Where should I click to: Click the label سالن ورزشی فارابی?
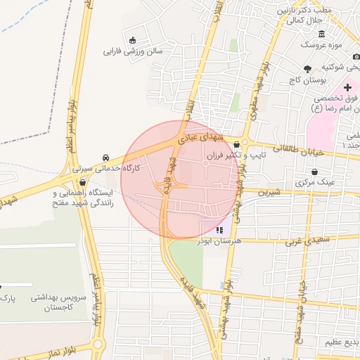[133, 51]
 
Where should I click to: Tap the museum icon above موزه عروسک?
[321, 34]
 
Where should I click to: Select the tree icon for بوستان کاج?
[307, 68]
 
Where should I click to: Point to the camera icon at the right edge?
[356, 56]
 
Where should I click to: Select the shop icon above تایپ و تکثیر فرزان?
[236, 144]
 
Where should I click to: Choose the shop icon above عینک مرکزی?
[313, 171]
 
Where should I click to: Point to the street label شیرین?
[269, 191]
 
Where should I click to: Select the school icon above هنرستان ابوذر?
[220, 230]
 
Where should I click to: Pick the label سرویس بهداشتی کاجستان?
[58, 303]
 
